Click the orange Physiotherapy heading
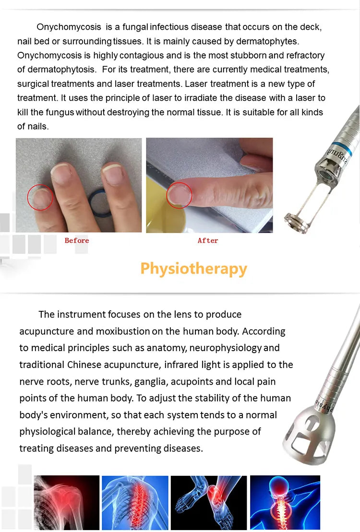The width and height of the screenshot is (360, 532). tap(193, 269)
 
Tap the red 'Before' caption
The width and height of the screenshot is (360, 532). tap(77, 240)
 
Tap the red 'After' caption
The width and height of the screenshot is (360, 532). tap(208, 240)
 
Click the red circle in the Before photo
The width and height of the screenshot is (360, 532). tap(40, 197)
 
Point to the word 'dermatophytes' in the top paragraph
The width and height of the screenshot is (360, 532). tap(266, 41)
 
